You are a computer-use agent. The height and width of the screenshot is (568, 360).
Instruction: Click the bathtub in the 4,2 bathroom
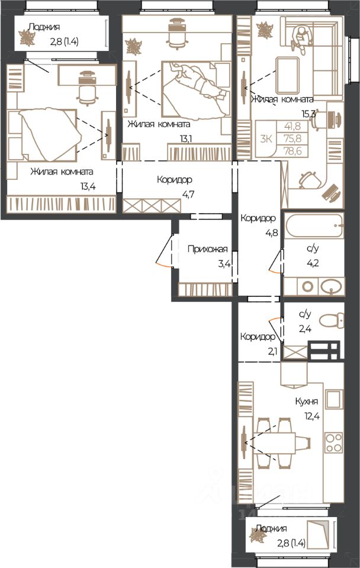[x=314, y=226]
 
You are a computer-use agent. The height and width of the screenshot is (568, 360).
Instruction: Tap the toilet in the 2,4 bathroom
[x=331, y=320]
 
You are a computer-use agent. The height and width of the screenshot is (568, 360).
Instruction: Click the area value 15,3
[x=309, y=114]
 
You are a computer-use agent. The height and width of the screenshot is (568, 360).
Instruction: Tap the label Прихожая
[x=207, y=249]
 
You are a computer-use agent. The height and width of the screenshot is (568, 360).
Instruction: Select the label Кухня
[x=306, y=401]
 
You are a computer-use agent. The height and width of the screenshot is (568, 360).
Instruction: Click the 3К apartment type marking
[x=266, y=138]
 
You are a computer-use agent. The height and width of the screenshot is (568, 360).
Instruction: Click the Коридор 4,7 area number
[x=188, y=195]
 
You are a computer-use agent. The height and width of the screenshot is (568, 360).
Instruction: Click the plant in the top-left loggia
[x=27, y=38]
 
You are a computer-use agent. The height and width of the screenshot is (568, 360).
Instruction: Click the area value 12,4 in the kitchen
[x=312, y=416]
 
